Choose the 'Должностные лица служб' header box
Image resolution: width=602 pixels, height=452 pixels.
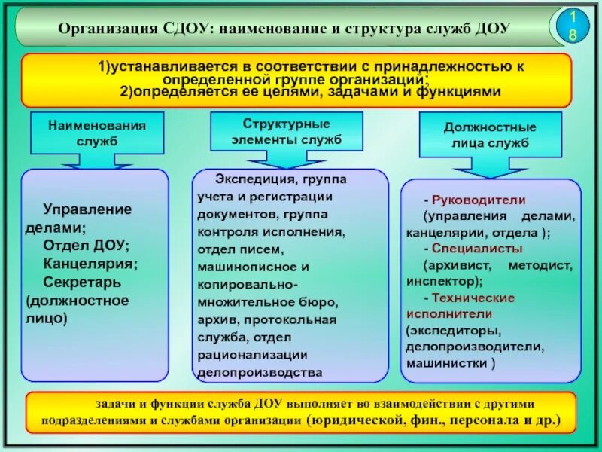[490, 134]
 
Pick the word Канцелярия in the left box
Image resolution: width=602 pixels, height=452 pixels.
[89, 264]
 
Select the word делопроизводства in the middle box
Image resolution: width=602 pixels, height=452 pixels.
[260, 372]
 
